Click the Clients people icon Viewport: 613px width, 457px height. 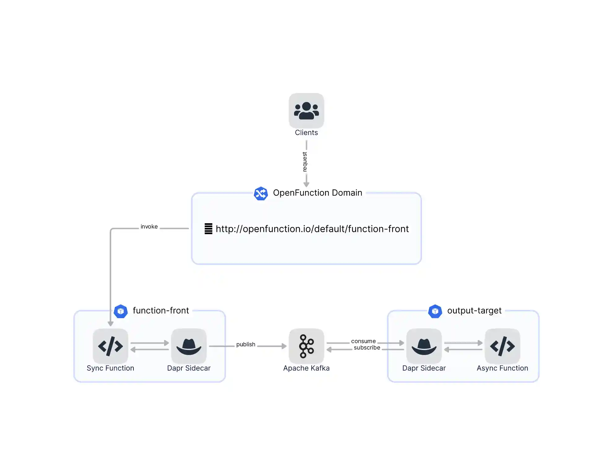306,111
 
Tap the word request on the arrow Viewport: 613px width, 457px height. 305,162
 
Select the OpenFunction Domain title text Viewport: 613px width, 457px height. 317,193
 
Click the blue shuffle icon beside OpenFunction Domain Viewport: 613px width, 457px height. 261,193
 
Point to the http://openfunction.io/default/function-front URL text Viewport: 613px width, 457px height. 312,229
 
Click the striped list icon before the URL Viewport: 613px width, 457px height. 208,229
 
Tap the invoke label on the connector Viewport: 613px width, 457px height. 149,227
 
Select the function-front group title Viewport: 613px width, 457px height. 161,311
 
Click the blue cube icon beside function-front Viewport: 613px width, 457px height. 120,311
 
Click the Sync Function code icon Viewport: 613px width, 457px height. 110,346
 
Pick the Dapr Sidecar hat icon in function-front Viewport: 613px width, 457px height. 189,346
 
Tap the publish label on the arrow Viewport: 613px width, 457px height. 246,344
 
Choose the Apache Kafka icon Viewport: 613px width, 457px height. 306,346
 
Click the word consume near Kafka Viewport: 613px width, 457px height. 363,341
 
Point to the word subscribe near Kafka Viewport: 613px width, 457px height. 367,348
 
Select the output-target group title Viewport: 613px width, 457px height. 474,311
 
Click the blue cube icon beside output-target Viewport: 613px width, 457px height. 435,311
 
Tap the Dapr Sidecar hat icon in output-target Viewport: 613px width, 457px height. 424,346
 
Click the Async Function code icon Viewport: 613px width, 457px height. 502,346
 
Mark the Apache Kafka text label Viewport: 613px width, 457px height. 306,368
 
